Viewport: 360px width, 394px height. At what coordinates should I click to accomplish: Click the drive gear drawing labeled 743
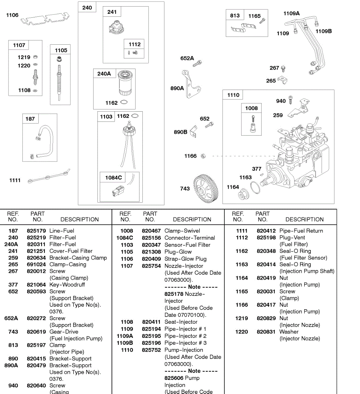[x=206, y=187]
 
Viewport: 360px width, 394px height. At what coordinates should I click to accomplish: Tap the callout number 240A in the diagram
[x=104, y=74]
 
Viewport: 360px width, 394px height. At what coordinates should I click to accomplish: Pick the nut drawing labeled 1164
[x=243, y=195]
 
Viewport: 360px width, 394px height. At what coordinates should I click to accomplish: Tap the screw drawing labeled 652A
[x=197, y=63]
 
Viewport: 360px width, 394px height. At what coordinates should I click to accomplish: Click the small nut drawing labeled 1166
[x=203, y=156]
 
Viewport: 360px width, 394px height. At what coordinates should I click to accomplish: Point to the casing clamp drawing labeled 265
[x=282, y=80]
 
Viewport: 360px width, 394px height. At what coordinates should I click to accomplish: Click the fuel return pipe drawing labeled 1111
[x=48, y=176]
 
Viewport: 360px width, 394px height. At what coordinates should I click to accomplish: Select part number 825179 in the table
[x=36, y=231]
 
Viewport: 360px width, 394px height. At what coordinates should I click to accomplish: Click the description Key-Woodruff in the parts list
[x=67, y=285]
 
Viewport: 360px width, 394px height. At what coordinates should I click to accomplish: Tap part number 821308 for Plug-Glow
[x=151, y=252]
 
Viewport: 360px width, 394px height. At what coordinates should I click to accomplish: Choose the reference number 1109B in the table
[x=125, y=343]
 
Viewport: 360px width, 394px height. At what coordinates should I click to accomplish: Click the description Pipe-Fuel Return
[x=301, y=231]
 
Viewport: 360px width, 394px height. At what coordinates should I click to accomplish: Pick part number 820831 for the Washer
[x=266, y=332]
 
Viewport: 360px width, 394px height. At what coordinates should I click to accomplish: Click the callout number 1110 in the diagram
[x=233, y=95]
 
